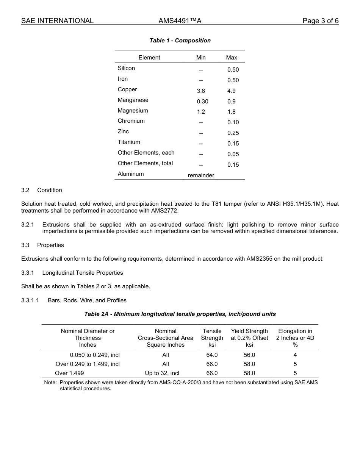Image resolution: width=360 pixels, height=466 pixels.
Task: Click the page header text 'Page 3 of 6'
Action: (x=320, y=21)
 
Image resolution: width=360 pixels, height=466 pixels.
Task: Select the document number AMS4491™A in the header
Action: (x=180, y=21)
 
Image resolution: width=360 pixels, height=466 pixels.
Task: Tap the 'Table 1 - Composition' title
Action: (x=180, y=41)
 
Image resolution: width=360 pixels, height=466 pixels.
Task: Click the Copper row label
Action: (x=127, y=89)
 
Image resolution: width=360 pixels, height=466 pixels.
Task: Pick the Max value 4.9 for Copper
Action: (x=231, y=91)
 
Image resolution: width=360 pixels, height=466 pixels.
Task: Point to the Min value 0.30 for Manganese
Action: (x=202, y=102)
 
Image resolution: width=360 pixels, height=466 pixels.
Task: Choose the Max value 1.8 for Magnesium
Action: (x=231, y=112)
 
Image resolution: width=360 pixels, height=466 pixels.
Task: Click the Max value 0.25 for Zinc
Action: (x=233, y=133)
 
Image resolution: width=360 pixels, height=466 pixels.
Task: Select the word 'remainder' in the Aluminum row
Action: (x=201, y=175)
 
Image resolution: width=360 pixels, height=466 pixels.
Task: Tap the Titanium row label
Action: (x=129, y=142)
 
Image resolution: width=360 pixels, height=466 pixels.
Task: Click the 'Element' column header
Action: (x=149, y=58)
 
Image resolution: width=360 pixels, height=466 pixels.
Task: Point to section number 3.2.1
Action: (x=28, y=225)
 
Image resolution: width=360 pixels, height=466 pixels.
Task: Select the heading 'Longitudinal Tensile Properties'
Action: (x=83, y=273)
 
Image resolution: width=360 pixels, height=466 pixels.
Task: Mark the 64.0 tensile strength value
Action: (x=212, y=355)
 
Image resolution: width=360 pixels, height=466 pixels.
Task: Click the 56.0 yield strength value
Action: (x=249, y=355)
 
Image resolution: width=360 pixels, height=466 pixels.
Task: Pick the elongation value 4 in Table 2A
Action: (x=295, y=355)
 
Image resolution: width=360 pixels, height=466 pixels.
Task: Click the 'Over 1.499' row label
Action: (x=69, y=373)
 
